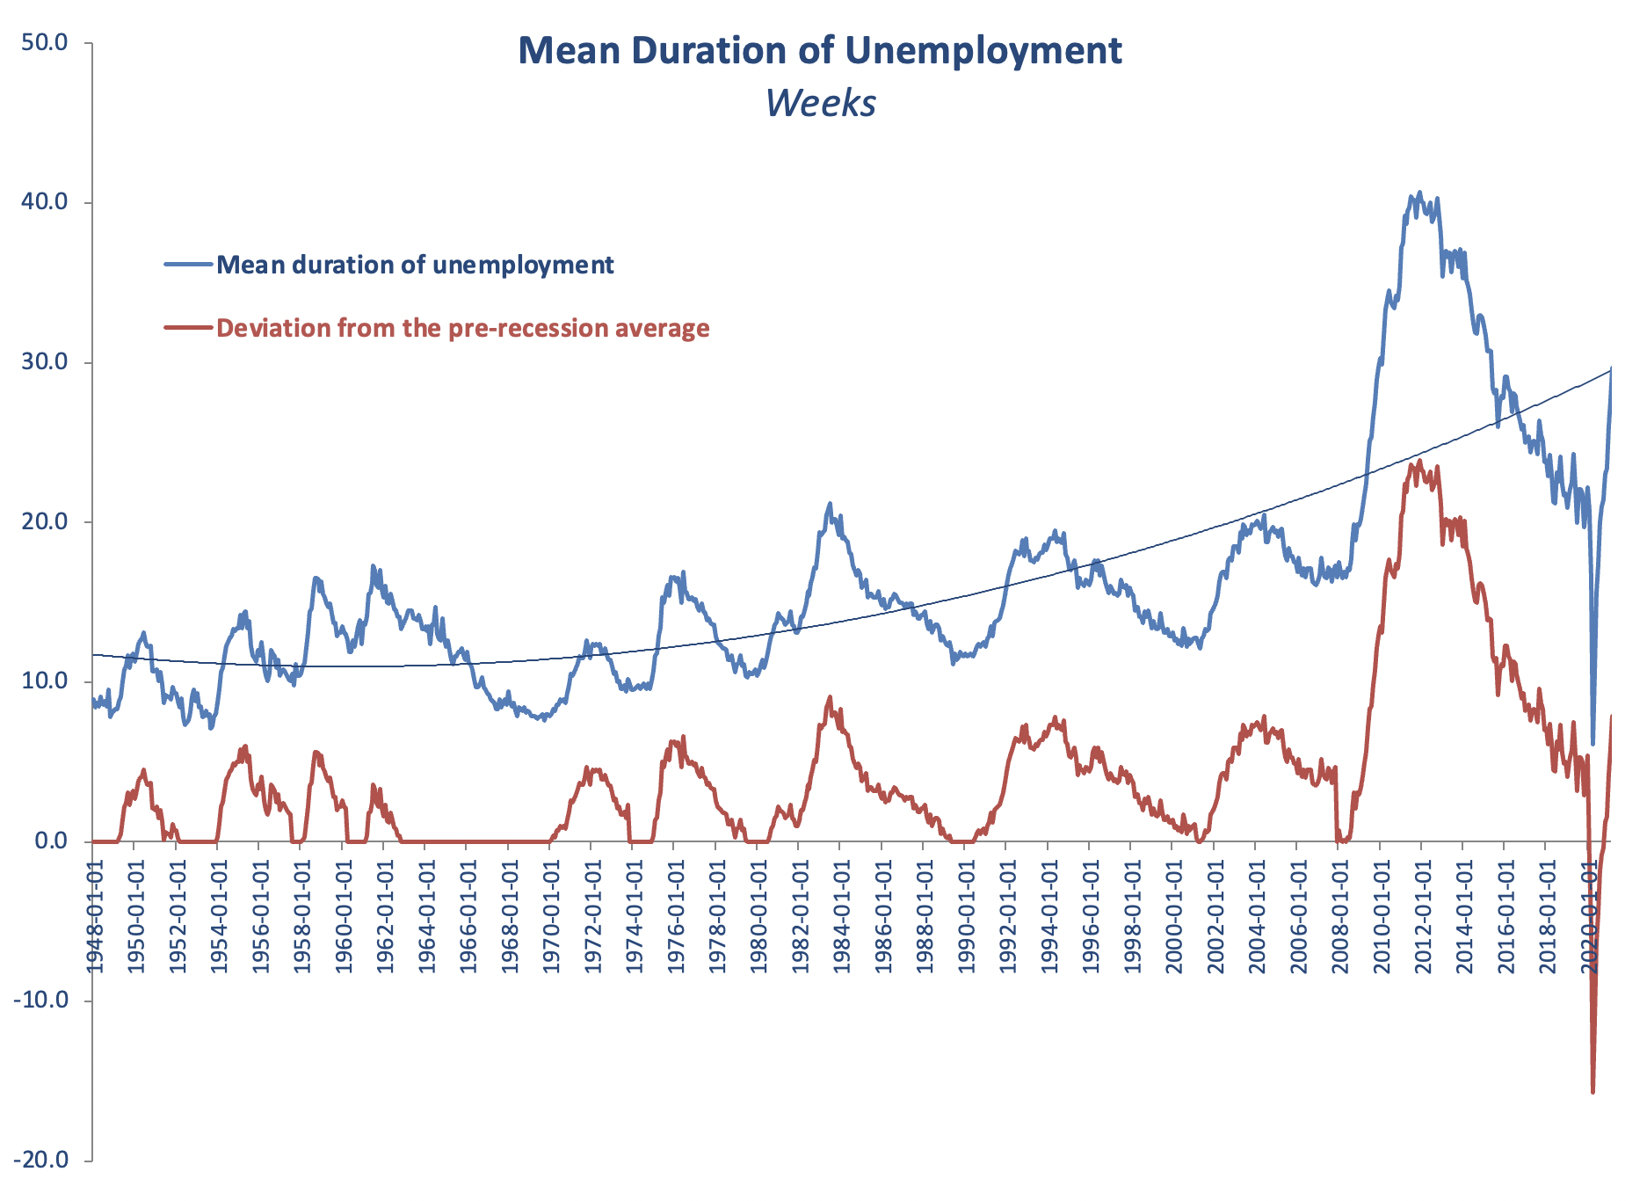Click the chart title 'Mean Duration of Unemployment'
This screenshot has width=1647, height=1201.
coord(819,51)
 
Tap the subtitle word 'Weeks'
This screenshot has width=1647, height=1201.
coord(820,103)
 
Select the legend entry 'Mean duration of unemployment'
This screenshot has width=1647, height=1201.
coord(415,265)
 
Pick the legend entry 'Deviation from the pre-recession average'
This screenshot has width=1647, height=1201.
coord(462,328)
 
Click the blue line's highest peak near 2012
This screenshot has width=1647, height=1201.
coord(1418,193)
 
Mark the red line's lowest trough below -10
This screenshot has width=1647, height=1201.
coord(1593,1093)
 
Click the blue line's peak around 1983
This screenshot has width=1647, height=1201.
coord(830,503)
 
